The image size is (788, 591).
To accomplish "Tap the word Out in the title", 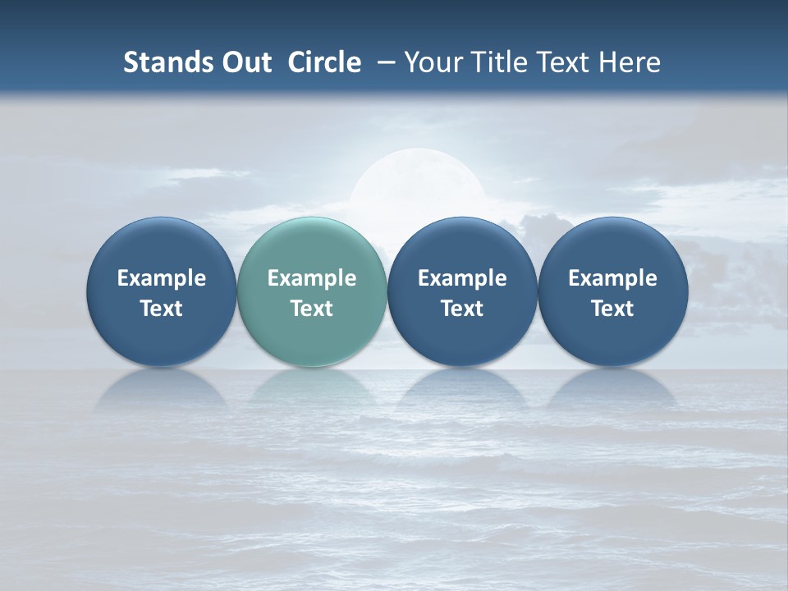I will click(x=245, y=62).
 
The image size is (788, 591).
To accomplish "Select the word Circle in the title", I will click(x=324, y=62).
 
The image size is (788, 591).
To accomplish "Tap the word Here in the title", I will click(x=630, y=62).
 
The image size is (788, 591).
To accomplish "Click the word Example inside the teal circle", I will click(x=312, y=278).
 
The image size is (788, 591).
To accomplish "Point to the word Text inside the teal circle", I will click(x=312, y=309).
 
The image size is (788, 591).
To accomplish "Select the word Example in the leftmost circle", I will click(x=162, y=278).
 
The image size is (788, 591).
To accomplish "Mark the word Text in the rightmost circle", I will click(x=612, y=309).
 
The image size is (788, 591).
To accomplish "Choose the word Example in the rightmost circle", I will click(x=612, y=278).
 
